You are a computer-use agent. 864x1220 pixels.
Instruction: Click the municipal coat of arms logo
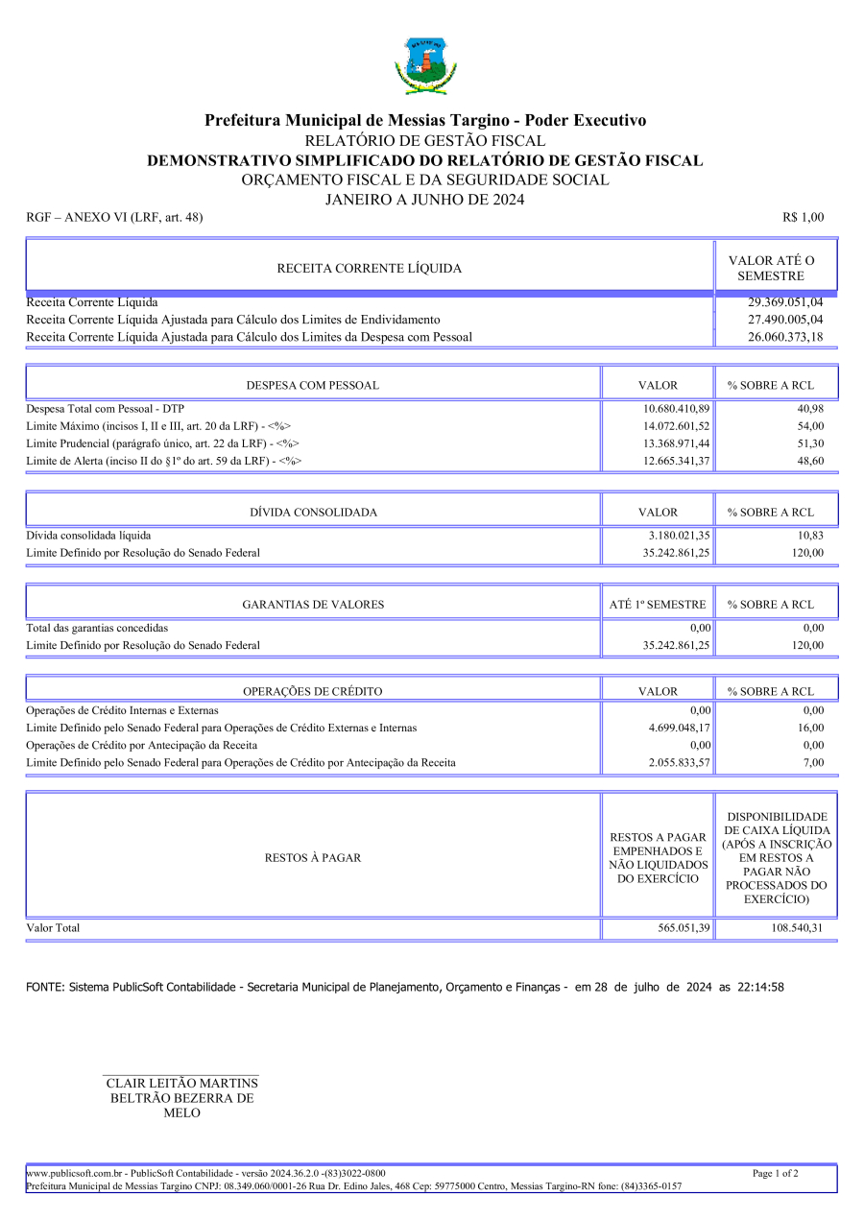point(425,65)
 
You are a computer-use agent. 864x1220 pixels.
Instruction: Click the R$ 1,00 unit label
point(804,218)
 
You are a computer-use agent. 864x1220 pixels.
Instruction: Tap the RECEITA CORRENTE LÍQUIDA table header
point(369,269)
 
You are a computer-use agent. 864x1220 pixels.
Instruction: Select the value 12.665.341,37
point(670,461)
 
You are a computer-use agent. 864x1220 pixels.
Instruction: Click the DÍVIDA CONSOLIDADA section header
point(313,513)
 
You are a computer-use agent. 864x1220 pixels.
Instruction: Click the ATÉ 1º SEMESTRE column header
point(658,605)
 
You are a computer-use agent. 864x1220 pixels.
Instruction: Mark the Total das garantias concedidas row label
point(97,628)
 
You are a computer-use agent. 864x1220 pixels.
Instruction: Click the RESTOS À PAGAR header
point(313,858)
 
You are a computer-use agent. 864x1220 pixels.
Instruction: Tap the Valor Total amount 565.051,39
point(680,928)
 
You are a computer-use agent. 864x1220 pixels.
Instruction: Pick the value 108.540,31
point(797,928)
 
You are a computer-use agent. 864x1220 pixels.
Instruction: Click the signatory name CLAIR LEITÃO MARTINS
point(181,1084)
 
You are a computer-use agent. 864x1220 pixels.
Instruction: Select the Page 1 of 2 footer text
point(776,1173)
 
